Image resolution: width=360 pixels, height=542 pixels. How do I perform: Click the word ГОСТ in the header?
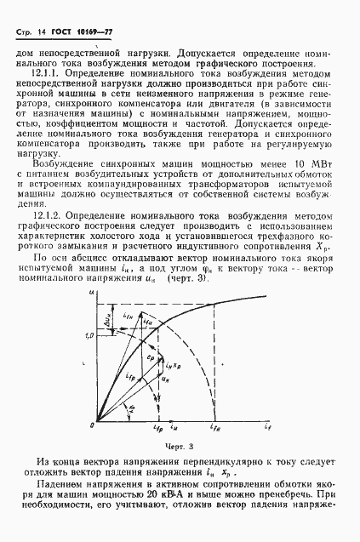point(62,30)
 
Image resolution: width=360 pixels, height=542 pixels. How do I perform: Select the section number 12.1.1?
point(46,75)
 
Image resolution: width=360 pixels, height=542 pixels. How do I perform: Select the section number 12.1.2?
point(46,220)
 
